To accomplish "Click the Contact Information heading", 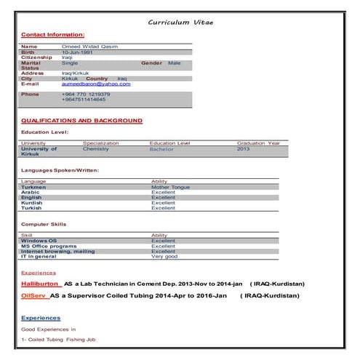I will point(52,34).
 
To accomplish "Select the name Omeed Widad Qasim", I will point(89,47).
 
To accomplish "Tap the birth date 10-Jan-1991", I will point(77,52).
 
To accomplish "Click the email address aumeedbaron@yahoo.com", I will point(96,84).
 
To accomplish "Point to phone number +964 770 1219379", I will point(86,94).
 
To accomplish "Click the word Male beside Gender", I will point(175,63).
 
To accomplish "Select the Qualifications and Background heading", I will point(81,120).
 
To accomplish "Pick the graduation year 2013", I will point(243,149).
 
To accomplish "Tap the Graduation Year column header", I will point(258,143).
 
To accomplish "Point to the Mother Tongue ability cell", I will point(170,187).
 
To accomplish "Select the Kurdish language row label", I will point(32,202).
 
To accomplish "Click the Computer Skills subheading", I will point(44,224).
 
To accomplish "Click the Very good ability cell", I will point(164,256).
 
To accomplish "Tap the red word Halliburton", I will point(41,284).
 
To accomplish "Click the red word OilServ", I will point(34,297).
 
